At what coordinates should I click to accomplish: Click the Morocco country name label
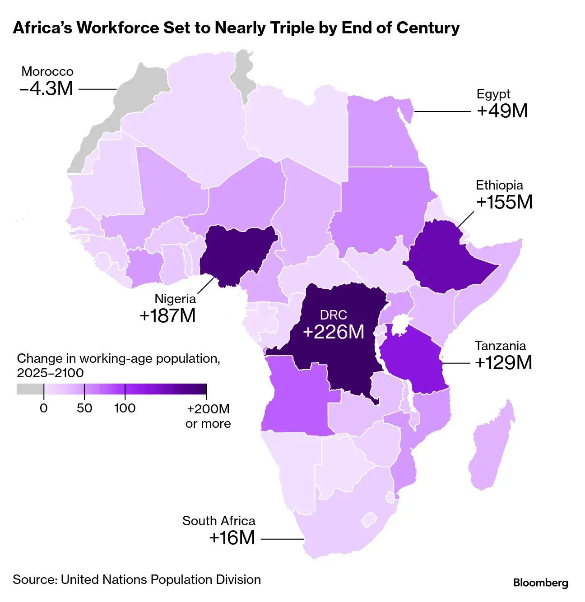coord(47,71)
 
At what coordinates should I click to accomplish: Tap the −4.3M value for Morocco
coord(46,88)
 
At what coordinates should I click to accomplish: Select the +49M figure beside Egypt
coord(502,111)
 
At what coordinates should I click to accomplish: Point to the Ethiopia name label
coord(499,185)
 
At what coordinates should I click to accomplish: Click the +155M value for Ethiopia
coord(504,202)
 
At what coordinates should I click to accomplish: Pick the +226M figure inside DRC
coord(334,332)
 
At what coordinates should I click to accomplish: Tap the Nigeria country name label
coord(175,298)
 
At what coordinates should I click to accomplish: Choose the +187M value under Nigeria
coord(167,316)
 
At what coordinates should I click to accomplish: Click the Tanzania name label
coord(500,346)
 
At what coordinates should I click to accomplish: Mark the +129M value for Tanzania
coord(503,363)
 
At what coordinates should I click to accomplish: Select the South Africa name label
coord(218,521)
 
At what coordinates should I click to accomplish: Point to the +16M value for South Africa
coord(232,538)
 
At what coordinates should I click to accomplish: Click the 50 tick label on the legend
coord(84,408)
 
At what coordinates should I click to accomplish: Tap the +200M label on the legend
coord(208,409)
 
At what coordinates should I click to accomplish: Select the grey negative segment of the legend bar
coord(30,389)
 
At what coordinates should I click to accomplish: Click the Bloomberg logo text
coord(540,583)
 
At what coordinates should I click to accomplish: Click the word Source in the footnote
coord(34,579)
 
